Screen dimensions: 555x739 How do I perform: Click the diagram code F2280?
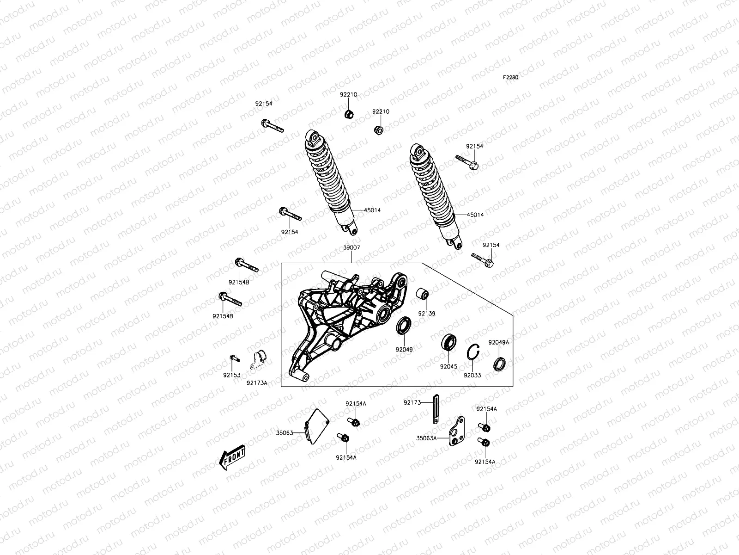(511, 77)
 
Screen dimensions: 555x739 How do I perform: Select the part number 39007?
(351, 248)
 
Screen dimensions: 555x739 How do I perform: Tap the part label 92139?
(427, 313)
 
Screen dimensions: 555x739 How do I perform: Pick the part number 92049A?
(499, 343)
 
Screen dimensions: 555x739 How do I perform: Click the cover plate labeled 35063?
(317, 425)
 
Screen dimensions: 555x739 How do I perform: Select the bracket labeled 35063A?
(457, 432)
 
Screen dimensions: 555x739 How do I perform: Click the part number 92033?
(472, 376)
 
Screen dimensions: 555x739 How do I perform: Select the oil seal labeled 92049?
(404, 326)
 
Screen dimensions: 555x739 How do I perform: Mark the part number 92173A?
(257, 383)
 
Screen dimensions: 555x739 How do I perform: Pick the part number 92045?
(448, 367)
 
